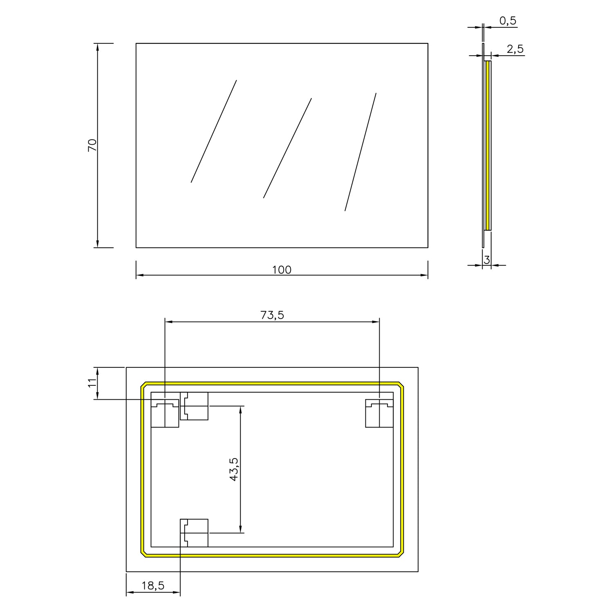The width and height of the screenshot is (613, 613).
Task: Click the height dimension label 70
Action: [92, 145]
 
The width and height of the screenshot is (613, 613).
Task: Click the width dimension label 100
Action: [282, 270]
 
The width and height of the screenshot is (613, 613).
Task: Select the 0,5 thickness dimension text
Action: [508, 21]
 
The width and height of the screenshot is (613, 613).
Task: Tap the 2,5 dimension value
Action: [515, 49]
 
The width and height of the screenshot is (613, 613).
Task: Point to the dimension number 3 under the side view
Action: [487, 260]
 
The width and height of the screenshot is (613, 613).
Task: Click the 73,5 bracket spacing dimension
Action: [272, 315]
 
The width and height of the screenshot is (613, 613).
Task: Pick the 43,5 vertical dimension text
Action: [234, 469]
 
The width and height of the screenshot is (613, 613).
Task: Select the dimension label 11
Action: [92, 383]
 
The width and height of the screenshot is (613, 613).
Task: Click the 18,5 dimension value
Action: [153, 586]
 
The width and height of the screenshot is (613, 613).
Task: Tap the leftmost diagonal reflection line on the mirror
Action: [214, 131]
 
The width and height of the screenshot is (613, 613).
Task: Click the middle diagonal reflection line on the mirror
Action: [287, 148]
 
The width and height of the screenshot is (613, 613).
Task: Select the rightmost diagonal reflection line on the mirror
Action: [360, 152]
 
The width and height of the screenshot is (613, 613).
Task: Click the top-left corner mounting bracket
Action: [165, 413]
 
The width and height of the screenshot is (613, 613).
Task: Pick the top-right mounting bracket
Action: [379, 413]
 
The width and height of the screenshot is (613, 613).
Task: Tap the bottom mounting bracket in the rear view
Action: [194, 532]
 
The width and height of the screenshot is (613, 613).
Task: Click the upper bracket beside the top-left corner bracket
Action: [194, 406]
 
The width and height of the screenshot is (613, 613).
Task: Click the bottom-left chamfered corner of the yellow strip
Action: [143, 553]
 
